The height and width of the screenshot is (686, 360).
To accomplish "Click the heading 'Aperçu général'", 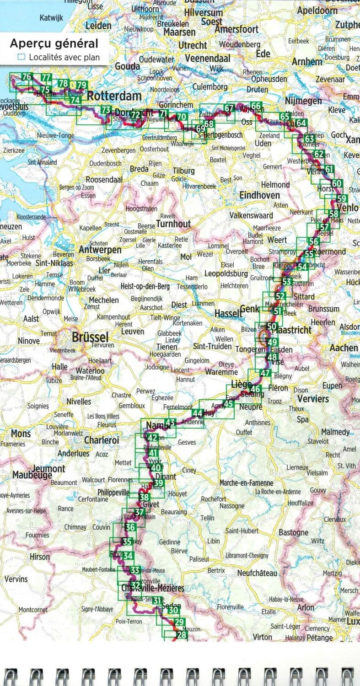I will tap(54, 44).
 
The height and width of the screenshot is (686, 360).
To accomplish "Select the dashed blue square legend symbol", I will tap(21, 58).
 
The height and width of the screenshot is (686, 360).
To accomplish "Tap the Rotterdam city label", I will tap(114, 96).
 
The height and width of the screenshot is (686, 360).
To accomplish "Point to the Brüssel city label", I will tap(90, 338).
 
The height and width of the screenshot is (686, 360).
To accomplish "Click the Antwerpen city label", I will tap(100, 250).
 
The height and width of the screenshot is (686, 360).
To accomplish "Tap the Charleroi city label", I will tap(102, 440).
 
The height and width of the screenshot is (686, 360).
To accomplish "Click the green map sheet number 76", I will tap(27, 77).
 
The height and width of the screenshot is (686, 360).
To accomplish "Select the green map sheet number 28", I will tap(182, 635).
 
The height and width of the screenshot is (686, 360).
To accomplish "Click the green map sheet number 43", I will tap(170, 423).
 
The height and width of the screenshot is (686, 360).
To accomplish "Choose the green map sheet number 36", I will tap(130, 527).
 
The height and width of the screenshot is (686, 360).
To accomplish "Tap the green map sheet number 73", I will tap(106, 110).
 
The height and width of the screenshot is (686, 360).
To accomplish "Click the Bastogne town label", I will tap(293, 532).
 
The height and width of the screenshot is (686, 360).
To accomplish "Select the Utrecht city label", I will tap(193, 45).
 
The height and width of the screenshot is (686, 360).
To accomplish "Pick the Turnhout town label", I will tap(173, 224).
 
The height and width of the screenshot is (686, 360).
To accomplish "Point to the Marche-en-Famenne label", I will tap(246, 483).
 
